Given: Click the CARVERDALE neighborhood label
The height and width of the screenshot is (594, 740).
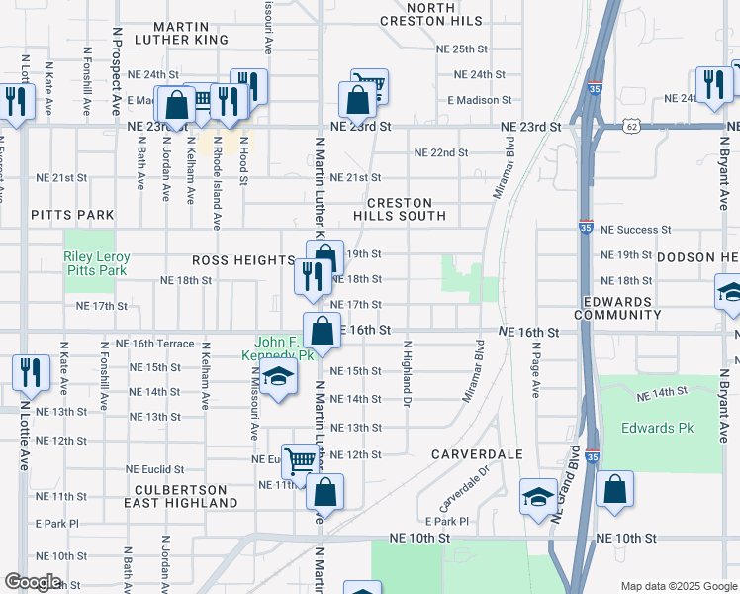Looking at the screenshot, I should (477, 453).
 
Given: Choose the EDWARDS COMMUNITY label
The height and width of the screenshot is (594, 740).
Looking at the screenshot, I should (621, 308).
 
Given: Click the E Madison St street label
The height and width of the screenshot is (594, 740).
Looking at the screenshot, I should (478, 100).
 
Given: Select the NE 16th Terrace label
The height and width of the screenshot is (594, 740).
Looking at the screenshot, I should (154, 344).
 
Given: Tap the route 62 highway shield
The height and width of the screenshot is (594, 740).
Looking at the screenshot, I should (632, 127).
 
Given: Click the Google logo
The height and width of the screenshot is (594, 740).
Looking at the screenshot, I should (34, 582).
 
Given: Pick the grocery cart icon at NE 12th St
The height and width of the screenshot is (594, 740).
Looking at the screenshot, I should (302, 458).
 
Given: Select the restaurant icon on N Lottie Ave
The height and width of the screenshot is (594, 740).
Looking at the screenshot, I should (30, 371).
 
